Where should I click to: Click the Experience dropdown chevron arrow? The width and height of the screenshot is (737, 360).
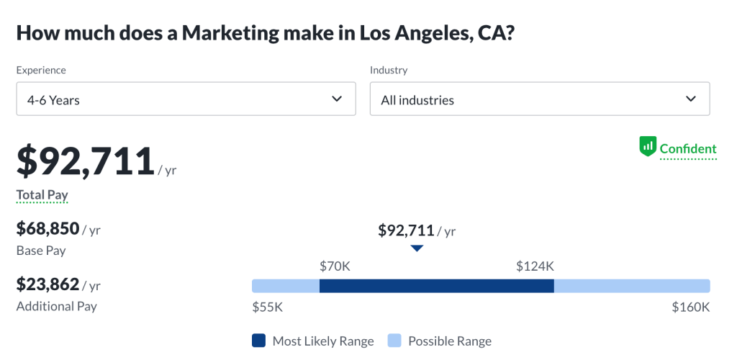tap(337, 99)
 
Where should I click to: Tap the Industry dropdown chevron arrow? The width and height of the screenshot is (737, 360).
tap(691, 99)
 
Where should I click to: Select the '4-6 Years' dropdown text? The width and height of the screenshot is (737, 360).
tap(53, 100)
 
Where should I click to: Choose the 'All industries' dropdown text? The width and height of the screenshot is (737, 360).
tap(417, 100)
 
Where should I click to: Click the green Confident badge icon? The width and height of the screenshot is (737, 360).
tap(648, 148)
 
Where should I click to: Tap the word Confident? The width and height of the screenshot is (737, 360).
tap(688, 149)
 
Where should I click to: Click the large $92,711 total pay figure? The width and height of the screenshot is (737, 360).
tap(86, 161)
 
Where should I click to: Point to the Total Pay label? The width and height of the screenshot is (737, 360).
tap(42, 194)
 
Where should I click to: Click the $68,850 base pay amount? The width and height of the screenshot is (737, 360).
tap(48, 229)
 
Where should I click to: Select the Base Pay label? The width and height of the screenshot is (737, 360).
tap(41, 251)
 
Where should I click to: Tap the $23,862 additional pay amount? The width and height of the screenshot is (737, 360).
tap(48, 284)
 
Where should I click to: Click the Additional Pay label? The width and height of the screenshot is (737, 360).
tap(57, 306)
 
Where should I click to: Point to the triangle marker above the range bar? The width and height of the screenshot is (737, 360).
tap(417, 248)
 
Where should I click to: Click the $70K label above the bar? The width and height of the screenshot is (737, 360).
tap(335, 266)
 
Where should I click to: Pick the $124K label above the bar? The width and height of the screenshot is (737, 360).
tap(535, 266)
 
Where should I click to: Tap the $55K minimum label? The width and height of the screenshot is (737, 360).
tap(268, 307)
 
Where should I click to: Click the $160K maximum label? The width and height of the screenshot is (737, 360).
tap(691, 307)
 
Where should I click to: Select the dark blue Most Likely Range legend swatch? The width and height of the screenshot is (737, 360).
tap(259, 341)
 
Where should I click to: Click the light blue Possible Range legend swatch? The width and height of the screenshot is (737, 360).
tap(394, 341)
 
